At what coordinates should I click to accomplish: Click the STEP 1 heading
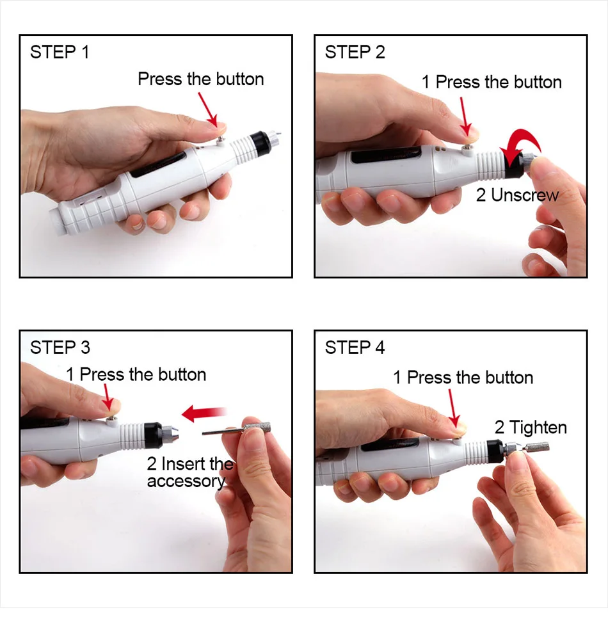[x=60, y=52]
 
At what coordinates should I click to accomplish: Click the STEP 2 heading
[x=355, y=52]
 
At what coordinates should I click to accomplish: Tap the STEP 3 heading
[x=60, y=348]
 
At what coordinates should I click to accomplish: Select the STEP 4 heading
[x=355, y=348]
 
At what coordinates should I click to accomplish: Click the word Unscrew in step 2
[x=525, y=195]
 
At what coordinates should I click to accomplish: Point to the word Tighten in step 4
[x=538, y=428]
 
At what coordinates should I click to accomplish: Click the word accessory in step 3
[x=186, y=481]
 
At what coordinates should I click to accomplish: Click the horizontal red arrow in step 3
[x=204, y=413]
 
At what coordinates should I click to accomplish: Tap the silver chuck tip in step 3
[x=171, y=435]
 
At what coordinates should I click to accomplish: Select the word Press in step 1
[x=159, y=79]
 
